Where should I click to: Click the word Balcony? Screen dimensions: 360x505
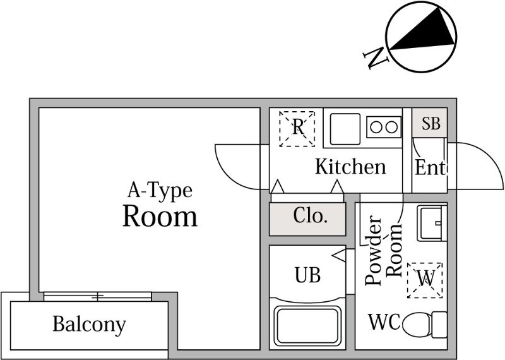click(x=89, y=325)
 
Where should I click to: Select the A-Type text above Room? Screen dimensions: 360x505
click(x=160, y=189)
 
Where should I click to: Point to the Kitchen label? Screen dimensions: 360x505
click(x=350, y=167)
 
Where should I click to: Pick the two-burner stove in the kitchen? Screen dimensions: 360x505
click(x=383, y=126)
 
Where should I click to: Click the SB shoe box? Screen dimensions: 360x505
click(x=431, y=123)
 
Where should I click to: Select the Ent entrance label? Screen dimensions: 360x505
click(x=430, y=168)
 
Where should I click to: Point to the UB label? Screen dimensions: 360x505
click(x=308, y=275)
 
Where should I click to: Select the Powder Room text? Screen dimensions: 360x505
click(x=384, y=250)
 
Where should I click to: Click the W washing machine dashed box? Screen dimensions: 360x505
click(x=425, y=279)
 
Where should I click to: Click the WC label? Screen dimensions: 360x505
click(x=384, y=323)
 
